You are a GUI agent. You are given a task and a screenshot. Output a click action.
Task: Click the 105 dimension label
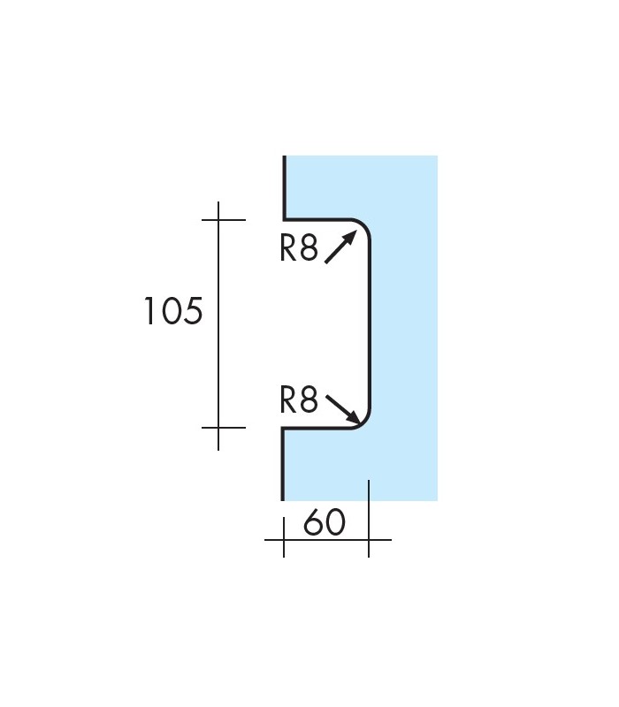click(x=173, y=311)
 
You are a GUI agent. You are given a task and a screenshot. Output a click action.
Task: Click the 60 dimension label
click(x=325, y=522)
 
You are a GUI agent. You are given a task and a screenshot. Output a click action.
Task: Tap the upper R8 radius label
click(x=299, y=248)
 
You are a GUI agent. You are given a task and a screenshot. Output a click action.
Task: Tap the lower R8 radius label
click(x=299, y=399)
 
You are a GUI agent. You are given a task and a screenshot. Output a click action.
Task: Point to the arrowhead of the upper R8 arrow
click(x=351, y=235)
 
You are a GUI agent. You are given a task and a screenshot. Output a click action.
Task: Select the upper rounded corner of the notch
click(x=364, y=225)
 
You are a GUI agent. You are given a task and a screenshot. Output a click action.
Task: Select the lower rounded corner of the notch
click(x=364, y=422)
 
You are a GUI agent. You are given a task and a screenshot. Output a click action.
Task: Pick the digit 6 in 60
click(x=313, y=522)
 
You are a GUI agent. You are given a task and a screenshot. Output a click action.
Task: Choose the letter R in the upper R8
click(x=288, y=248)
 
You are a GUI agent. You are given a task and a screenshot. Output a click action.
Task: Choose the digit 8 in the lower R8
click(x=309, y=399)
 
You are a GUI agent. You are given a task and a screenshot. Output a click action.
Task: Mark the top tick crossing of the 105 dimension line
click(x=218, y=220)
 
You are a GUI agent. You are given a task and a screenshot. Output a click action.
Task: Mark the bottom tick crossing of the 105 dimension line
click(x=218, y=427)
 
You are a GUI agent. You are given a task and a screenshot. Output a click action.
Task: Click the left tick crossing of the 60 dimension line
click(x=284, y=539)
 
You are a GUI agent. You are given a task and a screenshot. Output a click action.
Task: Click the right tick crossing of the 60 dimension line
click(x=369, y=539)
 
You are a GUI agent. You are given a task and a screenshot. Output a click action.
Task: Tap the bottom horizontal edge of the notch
click(x=317, y=428)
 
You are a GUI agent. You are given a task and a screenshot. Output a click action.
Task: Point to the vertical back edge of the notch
click(x=370, y=323)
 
